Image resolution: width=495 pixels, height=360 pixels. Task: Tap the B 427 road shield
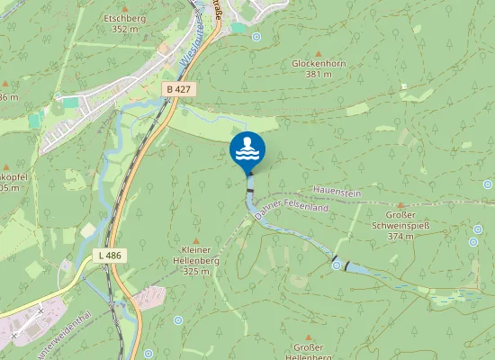tap(178, 89)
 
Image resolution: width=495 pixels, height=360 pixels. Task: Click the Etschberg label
tap(124, 17)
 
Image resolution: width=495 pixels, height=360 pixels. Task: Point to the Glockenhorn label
tap(319, 64)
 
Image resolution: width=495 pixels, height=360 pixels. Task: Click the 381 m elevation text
tap(319, 75)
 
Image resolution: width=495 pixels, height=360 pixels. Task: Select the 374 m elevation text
tap(400, 237)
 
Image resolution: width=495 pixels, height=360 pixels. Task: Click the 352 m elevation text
tap(123, 28)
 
